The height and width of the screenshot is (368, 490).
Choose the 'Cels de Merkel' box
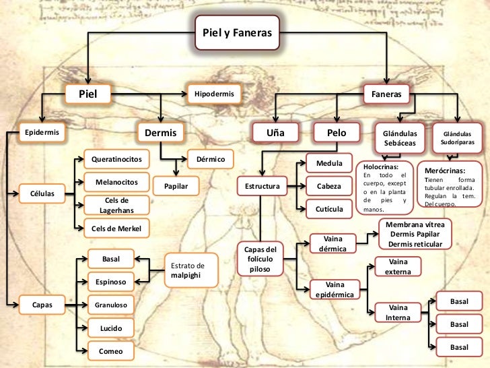(116, 228)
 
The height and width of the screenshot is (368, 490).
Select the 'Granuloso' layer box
(110, 305)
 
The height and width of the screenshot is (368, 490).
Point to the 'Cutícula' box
(329, 209)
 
